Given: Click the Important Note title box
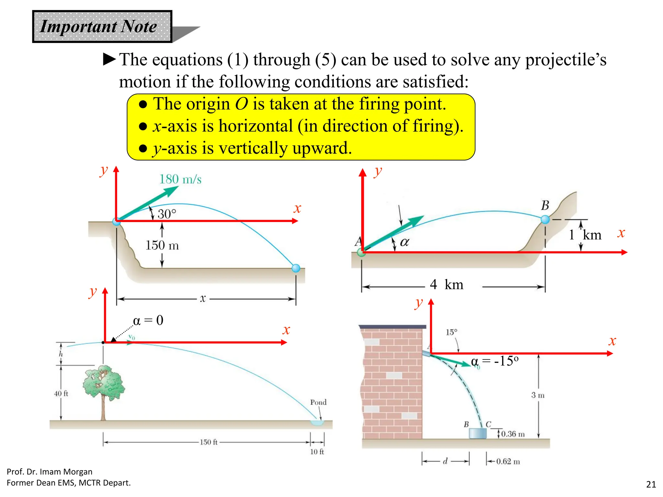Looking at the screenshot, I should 102,27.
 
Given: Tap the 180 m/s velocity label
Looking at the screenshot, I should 180,179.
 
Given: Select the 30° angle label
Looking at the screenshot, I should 167,214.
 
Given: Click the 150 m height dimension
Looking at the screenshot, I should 162,245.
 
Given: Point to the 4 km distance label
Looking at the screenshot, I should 446,285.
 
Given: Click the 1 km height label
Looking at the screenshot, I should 585,235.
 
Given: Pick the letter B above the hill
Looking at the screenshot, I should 545,205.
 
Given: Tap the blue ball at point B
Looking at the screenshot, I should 545,220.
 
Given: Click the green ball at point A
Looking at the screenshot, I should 361,252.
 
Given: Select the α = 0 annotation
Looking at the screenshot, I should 148,320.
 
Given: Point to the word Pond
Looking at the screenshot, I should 318,402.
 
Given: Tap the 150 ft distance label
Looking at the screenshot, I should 208,442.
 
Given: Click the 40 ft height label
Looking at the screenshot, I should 61,393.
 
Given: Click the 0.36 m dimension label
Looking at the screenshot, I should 513,434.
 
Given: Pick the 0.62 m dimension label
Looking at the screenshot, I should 508,461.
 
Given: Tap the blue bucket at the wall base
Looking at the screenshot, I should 478,434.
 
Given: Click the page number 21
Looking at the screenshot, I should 651,484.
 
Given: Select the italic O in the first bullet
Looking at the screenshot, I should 242,104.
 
